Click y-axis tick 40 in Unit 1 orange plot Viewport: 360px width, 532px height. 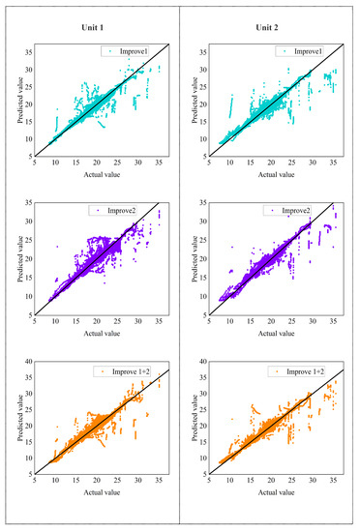[27, 362]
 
